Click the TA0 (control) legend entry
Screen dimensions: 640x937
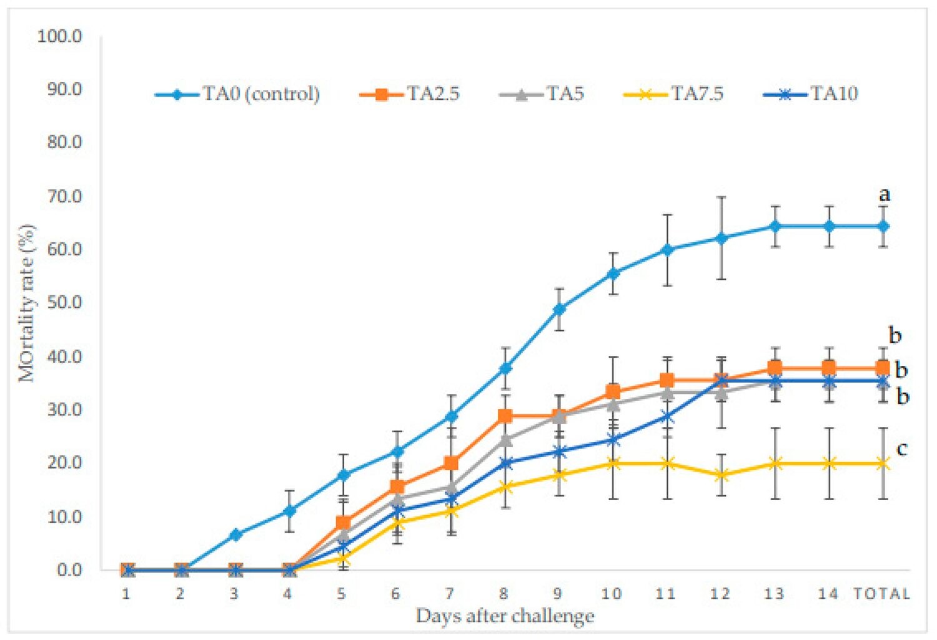[237, 94]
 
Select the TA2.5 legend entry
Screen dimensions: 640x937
[410, 94]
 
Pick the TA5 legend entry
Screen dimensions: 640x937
[542, 94]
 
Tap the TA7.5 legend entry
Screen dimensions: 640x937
[673, 94]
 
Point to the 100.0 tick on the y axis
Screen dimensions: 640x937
[60, 36]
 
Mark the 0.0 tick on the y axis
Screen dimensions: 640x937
[69, 569]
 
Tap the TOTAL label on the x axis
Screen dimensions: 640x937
[881, 594]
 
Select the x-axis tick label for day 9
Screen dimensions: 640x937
[557, 594]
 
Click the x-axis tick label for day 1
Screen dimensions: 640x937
[126, 594]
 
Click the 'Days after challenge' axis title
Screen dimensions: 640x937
[505, 616]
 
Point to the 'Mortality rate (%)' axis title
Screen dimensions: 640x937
[27, 303]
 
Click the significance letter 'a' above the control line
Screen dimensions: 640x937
[884, 195]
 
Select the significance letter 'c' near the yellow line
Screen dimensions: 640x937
[901, 448]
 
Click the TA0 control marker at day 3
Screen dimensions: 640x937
[235, 534]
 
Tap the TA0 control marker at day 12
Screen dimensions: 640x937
[721, 239]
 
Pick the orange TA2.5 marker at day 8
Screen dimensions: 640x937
[505, 416]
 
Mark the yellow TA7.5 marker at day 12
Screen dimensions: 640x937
[721, 475]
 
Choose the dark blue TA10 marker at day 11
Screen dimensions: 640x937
[667, 416]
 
